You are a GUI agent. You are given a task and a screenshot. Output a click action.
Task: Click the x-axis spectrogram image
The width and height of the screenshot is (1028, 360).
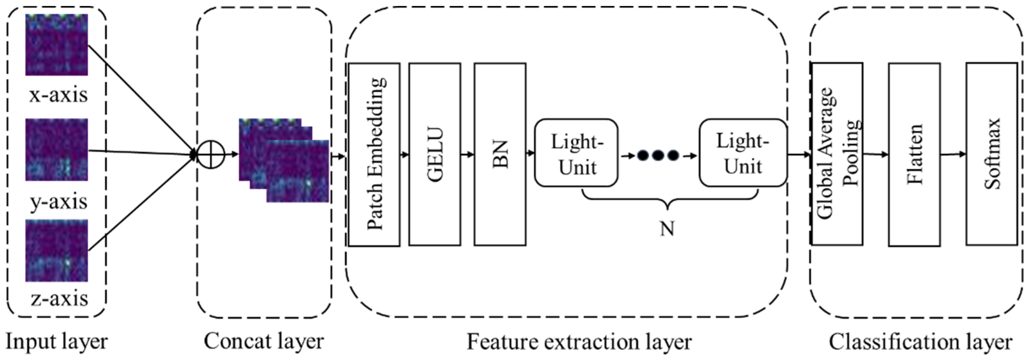[57, 45]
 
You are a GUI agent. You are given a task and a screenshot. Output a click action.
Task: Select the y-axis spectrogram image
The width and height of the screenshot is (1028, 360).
[57, 149]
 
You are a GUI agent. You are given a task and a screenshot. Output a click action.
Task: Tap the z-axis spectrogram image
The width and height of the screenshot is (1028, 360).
[57, 250]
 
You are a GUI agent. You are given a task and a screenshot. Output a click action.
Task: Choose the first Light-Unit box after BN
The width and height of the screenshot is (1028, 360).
[576, 153]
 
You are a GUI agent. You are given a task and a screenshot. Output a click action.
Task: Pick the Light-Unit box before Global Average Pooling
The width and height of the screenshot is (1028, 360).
[743, 153]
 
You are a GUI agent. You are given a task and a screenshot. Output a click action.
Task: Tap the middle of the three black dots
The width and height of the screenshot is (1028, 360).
[658, 155]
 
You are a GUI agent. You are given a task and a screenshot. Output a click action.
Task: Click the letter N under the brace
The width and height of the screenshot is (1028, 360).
[667, 229]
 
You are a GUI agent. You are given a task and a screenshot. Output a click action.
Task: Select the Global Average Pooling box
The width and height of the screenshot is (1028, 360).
[837, 154]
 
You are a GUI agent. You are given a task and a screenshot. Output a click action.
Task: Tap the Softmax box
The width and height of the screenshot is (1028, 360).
[991, 154]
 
